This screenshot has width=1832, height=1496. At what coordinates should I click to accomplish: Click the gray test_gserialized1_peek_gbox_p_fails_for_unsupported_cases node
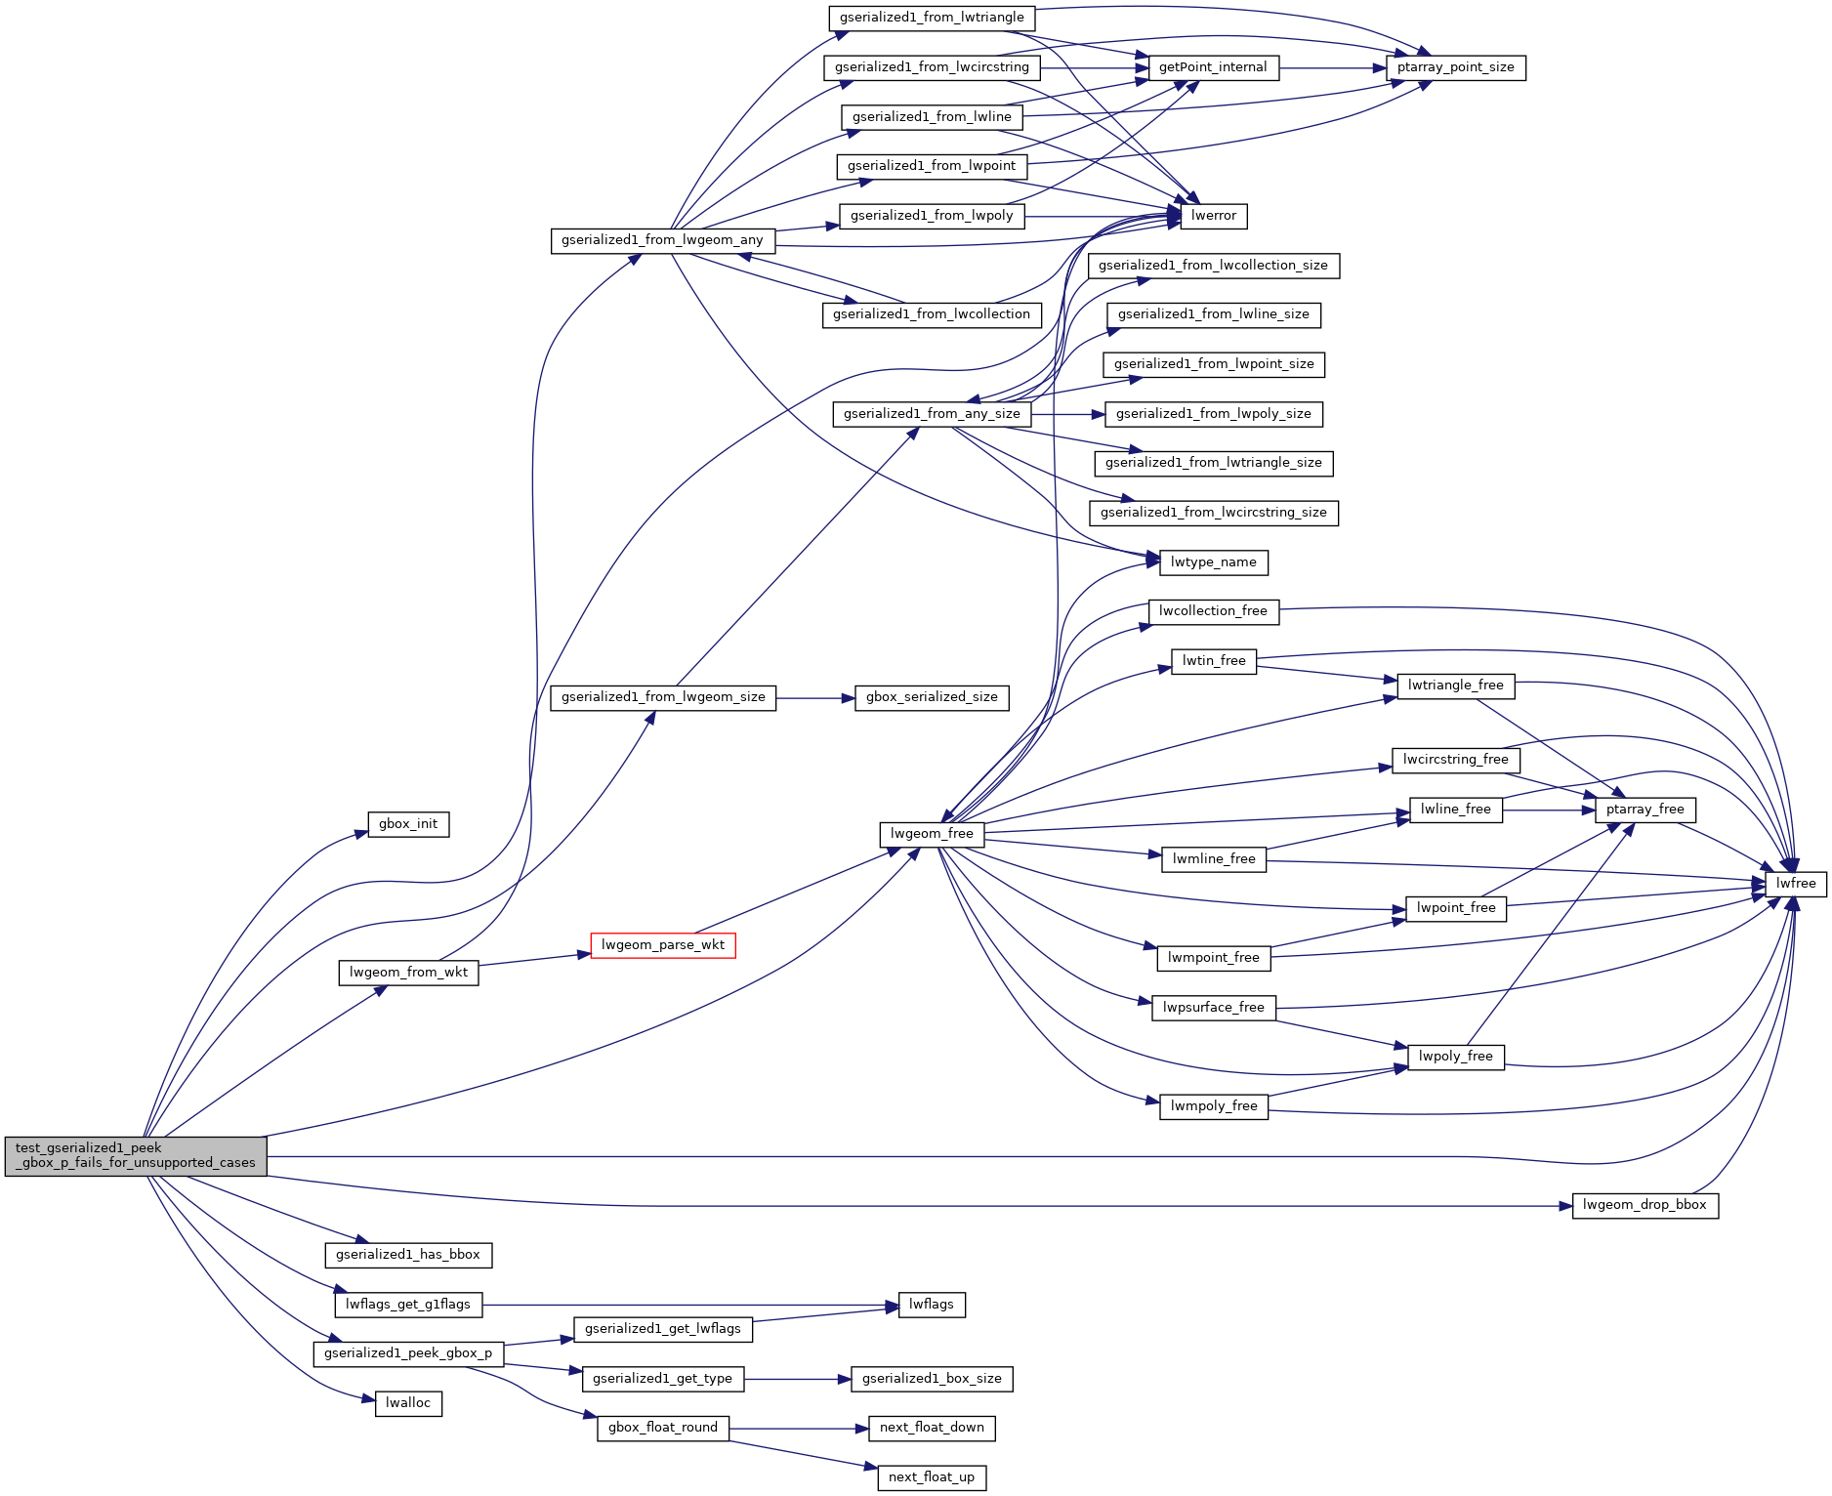136,1155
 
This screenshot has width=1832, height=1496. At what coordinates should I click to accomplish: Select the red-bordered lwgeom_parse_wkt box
663,945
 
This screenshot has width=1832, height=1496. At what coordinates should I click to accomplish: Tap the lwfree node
1796,884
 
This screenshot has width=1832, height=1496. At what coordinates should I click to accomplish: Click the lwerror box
1214,216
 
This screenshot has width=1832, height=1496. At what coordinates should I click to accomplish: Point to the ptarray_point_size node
1455,67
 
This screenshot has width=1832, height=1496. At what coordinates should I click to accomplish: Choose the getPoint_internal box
1213,67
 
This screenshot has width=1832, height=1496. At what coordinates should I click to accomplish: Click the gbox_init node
408,824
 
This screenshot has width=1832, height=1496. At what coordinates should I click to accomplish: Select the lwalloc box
408,1403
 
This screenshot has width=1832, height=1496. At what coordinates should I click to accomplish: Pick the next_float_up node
932,1477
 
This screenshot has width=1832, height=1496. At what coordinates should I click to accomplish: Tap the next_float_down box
932,1428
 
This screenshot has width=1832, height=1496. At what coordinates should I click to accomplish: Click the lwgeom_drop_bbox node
1645,1205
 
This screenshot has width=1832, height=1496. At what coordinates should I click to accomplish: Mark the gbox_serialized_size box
932,697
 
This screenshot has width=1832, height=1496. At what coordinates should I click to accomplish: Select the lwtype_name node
1214,562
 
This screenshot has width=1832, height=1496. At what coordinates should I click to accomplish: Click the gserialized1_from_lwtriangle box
932,18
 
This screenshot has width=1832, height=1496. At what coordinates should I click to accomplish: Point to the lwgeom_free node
932,834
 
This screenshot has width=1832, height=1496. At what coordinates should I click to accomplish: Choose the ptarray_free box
1645,810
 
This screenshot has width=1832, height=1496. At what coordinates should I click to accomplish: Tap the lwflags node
932,1305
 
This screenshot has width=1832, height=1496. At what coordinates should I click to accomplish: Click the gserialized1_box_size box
932,1379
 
